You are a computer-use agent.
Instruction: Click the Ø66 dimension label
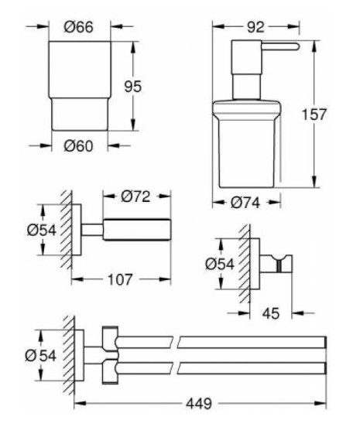pos(78,27)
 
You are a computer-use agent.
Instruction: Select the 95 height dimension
pos(132,87)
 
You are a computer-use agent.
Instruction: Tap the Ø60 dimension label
pos(78,146)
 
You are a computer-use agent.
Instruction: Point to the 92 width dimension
pos(255,27)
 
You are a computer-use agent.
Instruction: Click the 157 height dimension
pos(314,114)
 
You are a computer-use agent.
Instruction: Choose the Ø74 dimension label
pos(245,203)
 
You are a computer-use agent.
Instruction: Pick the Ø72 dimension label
pos(135,196)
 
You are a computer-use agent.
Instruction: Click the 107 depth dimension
pos(120,280)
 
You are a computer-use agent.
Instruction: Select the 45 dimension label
pos(271,313)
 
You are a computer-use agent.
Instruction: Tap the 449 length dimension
pos(199,403)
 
